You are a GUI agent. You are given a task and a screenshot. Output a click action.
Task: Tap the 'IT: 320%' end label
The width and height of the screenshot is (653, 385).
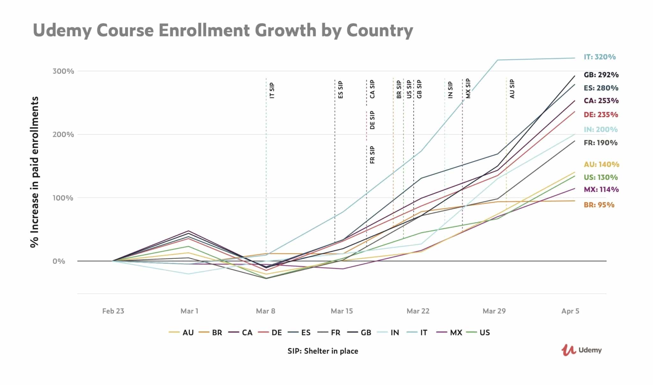click(x=599, y=57)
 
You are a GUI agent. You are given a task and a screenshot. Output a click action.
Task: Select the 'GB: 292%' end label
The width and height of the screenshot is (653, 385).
click(x=601, y=75)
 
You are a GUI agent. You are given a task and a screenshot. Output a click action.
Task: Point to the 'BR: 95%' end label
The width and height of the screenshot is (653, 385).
click(x=599, y=205)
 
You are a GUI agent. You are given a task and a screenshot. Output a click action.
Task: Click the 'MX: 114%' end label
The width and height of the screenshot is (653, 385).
click(x=601, y=189)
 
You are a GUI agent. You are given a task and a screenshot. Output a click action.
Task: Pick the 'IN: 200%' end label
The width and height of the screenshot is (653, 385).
click(x=600, y=130)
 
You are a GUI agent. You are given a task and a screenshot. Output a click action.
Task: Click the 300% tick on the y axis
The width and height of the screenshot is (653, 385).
click(x=63, y=71)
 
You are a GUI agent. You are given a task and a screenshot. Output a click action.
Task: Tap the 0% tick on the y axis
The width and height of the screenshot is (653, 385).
click(x=59, y=261)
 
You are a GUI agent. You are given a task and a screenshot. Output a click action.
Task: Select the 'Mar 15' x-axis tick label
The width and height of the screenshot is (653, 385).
click(x=341, y=311)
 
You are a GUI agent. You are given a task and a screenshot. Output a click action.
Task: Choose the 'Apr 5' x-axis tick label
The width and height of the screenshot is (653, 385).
click(x=570, y=311)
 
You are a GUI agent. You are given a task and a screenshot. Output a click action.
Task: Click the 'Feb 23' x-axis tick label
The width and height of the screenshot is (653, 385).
click(x=113, y=311)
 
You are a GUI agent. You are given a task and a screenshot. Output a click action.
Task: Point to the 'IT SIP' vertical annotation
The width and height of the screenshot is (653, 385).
click(x=272, y=91)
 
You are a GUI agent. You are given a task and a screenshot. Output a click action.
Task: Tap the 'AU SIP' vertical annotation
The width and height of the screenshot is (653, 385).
click(x=512, y=89)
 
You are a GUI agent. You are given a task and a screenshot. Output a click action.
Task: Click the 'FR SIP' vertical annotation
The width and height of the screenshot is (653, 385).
click(x=372, y=155)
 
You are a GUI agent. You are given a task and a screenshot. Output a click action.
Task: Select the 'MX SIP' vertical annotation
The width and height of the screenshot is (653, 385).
click(x=468, y=88)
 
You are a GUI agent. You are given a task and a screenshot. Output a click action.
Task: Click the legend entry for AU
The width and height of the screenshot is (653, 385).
click(x=181, y=333)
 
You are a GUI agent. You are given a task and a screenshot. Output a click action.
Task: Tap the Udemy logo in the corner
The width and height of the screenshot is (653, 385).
click(x=581, y=350)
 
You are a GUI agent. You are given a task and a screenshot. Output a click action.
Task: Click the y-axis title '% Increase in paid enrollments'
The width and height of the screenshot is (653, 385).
click(x=34, y=172)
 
